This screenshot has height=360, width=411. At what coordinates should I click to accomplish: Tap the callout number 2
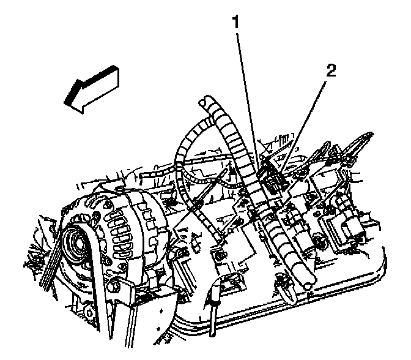click(331, 70)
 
